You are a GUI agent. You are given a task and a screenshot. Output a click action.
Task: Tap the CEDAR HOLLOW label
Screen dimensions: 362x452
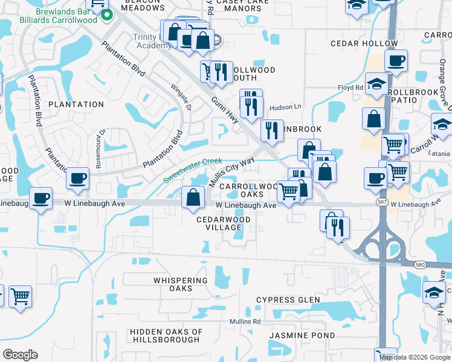coord(358,43)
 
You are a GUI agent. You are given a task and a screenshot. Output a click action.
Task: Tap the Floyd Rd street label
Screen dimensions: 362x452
coord(350,87)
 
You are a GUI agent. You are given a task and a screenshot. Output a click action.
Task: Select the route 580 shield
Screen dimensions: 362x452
coord(421,264)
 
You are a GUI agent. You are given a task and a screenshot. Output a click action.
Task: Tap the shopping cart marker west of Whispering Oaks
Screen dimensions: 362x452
coord(20,297)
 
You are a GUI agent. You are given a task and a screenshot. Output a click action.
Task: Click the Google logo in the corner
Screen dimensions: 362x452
coord(21,355)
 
